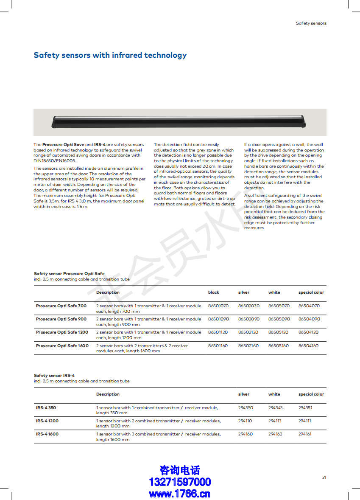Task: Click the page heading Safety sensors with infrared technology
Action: [x=110, y=55]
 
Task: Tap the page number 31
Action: [x=324, y=477]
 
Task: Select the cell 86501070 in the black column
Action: [x=218, y=306]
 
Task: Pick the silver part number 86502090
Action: [x=248, y=319]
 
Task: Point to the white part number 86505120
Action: [x=278, y=332]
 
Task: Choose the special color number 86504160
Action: [x=309, y=346]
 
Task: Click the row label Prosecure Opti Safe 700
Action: [x=61, y=306]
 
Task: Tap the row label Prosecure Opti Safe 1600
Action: [x=62, y=346]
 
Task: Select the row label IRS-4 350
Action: [x=46, y=407]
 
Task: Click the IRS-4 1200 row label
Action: [x=47, y=421]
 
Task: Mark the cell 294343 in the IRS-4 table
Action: [x=275, y=407]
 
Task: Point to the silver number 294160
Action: [x=245, y=434]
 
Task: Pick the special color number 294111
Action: [x=304, y=421]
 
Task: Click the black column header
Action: [x=214, y=292]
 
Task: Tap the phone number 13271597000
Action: [x=180, y=482]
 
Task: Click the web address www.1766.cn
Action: [x=180, y=493]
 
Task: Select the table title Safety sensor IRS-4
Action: [x=54, y=376]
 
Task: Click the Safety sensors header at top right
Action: [x=311, y=23]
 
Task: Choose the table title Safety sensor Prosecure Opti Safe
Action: [x=69, y=274]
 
